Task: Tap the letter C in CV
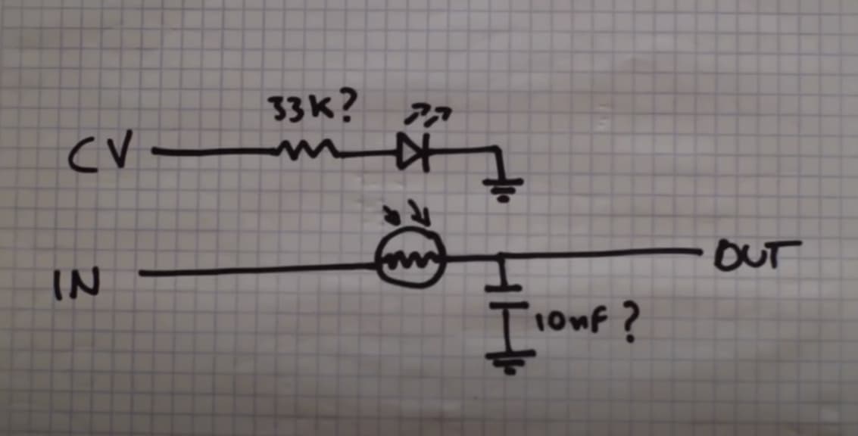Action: [84, 157]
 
